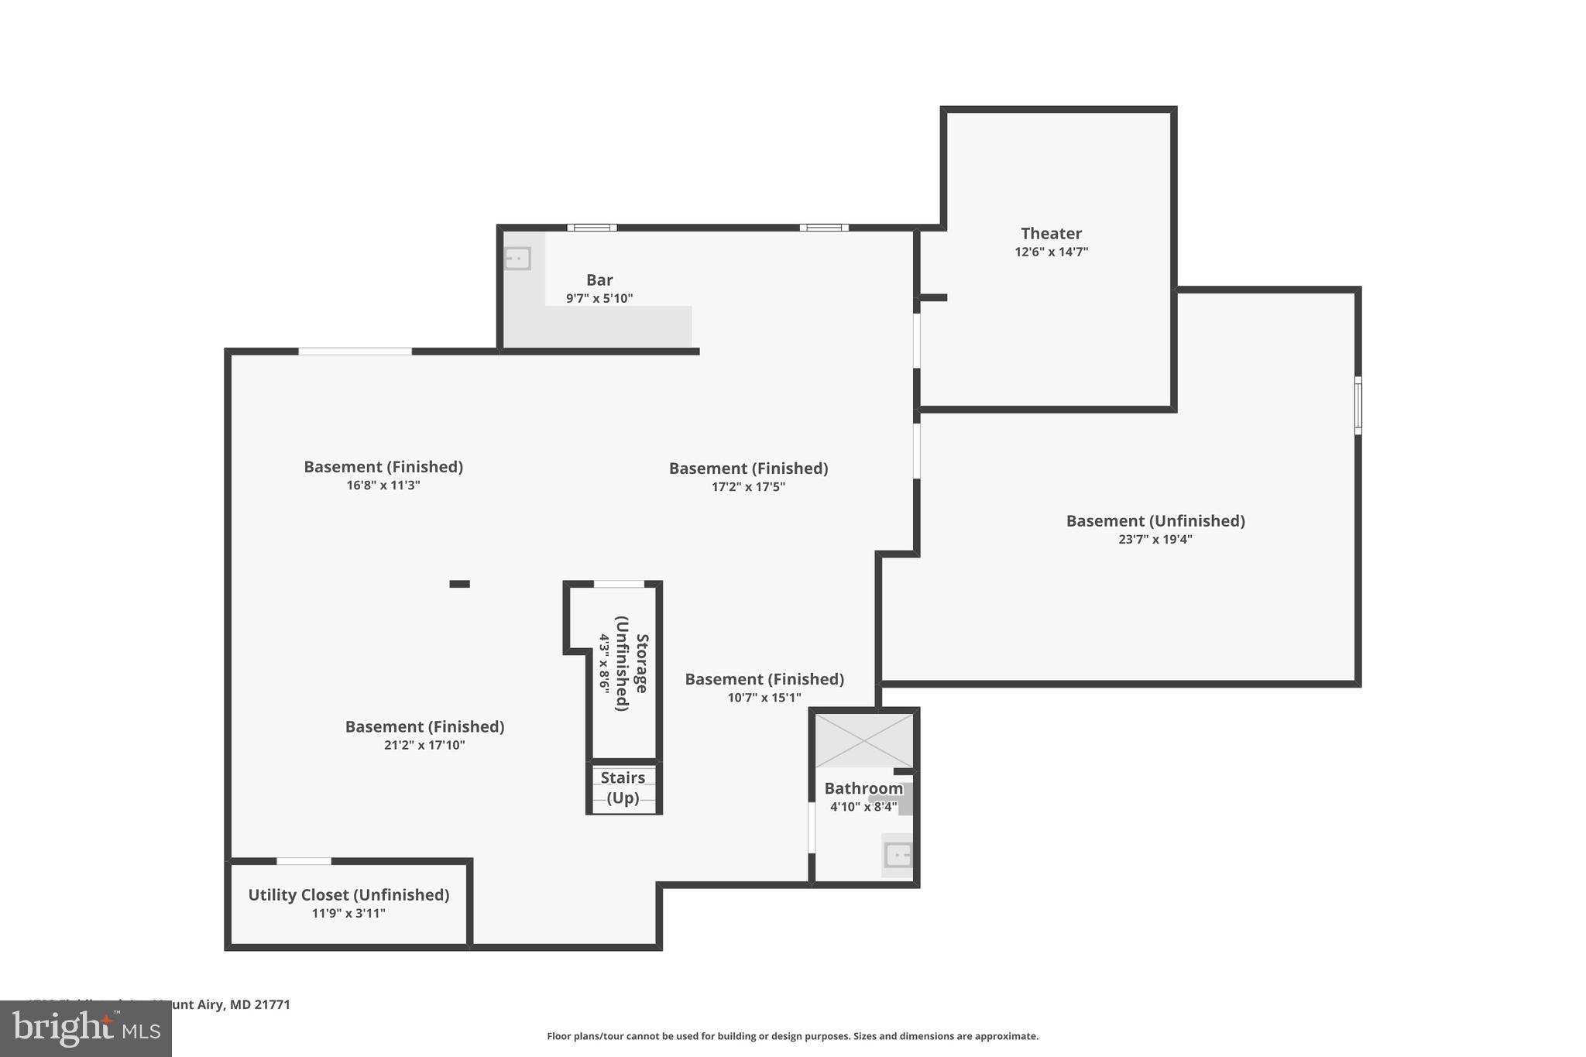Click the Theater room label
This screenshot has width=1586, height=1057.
coord(1051,233)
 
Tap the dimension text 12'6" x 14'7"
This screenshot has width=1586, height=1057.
coord(1051,252)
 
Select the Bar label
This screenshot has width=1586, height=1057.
coord(599,280)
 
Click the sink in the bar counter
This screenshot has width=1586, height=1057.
coord(517,258)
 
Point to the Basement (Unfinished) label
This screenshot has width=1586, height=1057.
coord(1155,520)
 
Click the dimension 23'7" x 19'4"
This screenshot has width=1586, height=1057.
coord(1155,540)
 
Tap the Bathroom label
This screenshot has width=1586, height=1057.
coord(863,788)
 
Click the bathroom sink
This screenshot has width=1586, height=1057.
coord(898,856)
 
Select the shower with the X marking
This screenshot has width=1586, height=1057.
coord(863,740)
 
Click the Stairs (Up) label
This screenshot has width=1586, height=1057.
coord(623,788)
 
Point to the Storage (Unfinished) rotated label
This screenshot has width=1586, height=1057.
coord(632,664)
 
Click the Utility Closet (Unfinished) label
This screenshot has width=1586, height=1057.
coord(348,894)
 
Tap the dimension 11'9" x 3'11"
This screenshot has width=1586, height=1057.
coord(348,914)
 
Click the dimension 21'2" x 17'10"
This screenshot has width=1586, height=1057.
coord(424,746)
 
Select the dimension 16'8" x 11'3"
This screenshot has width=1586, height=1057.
coord(383,486)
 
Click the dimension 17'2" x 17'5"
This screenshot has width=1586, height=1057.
coord(748,487)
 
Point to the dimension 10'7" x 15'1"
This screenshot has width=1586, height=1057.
coord(764,698)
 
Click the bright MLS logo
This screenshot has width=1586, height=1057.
coord(86,1028)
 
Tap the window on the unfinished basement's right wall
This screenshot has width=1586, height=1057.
coord(1358,405)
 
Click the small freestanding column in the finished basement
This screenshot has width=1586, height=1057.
coord(459,584)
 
